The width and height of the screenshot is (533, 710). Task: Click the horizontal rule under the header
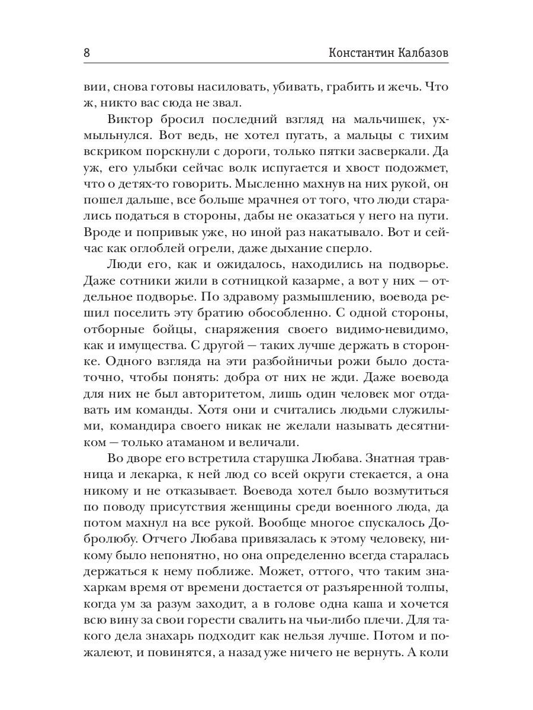click(266, 63)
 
